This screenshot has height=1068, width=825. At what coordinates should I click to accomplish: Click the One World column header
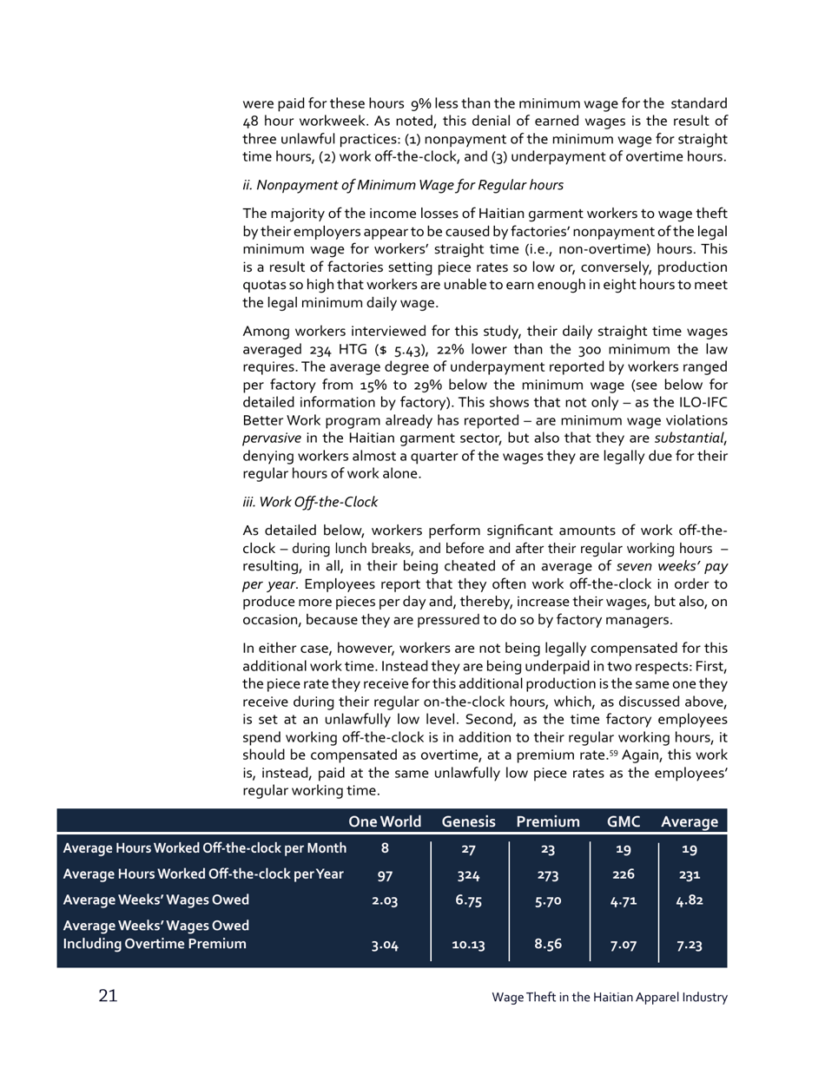coord(385,821)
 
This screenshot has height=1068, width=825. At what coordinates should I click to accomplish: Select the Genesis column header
coord(468,821)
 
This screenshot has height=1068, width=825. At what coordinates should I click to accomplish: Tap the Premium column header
coord(547,821)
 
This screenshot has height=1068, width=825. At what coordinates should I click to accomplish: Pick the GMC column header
coord(624,821)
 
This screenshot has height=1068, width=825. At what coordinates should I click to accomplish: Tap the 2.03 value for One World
coord(385,900)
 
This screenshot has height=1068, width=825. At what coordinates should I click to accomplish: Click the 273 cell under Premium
coord(547,874)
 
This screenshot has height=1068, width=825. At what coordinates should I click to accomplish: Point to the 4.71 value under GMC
coord(624,900)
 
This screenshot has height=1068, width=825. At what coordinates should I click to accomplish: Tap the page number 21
coord(107,996)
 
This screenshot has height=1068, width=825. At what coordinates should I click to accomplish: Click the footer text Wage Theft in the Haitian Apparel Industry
coord(609,998)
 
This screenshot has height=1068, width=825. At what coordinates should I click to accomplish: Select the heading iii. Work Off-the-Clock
coord(310,502)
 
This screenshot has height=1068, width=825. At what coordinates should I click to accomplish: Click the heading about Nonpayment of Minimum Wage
coord(403,184)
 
